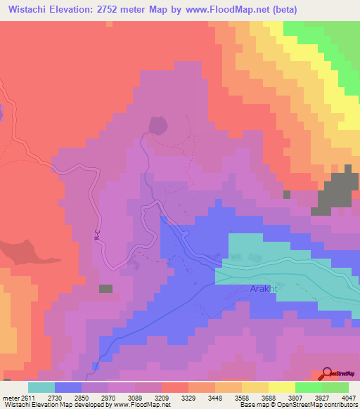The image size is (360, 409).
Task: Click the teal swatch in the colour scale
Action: pyautogui.click(x=41, y=388)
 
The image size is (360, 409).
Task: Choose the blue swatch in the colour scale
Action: pyautogui.click(x=68, y=388)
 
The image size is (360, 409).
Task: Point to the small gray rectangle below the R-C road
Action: pyautogui.click(x=105, y=288)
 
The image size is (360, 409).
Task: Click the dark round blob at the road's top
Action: pyautogui.click(x=157, y=125)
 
